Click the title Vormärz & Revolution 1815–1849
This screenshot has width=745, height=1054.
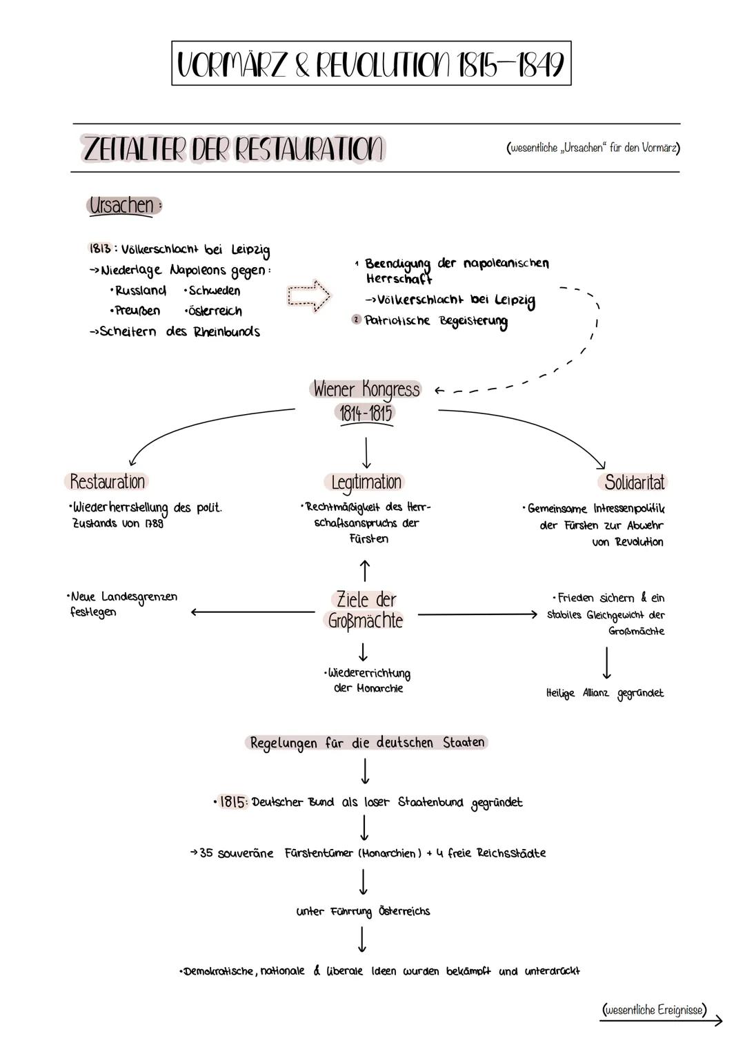tap(371, 64)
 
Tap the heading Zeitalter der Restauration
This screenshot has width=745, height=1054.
tap(232, 148)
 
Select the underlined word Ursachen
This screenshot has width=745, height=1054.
tap(122, 205)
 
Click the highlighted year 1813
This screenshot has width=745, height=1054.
tap(99, 248)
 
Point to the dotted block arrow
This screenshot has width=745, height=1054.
tap(308, 295)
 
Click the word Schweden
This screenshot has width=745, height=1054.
tap(214, 291)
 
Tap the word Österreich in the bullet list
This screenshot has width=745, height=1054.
tap(214, 311)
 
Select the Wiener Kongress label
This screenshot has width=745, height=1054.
tap(366, 389)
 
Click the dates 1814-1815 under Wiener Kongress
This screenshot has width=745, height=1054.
tap(366, 413)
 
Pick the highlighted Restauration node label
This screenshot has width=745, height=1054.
tap(108, 481)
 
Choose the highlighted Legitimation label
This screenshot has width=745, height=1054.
tap(366, 482)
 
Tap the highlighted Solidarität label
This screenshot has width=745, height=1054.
tap(634, 482)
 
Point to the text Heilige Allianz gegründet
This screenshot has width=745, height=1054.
tap(604, 693)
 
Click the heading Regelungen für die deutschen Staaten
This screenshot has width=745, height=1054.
tap(366, 743)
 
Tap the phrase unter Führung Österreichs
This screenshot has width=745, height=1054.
tap(363, 911)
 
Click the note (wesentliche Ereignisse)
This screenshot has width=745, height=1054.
tap(655, 1010)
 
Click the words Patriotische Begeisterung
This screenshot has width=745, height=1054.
tap(436, 321)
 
